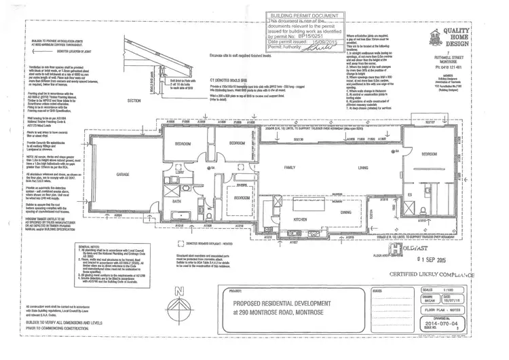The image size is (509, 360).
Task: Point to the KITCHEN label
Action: (x=300, y=220)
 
